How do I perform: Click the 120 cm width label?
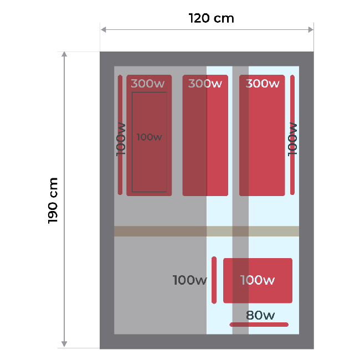[x=212, y=18]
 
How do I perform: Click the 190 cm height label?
[x=54, y=200]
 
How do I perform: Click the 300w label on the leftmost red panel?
[x=148, y=84]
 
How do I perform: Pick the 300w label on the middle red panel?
[x=205, y=84]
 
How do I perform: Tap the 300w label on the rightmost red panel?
[x=262, y=84]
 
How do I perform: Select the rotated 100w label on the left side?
[x=121, y=139]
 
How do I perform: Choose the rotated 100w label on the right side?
[x=293, y=139]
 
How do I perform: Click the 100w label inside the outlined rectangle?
[x=149, y=137]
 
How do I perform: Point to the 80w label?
[x=260, y=316]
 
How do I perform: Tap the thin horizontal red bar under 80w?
[x=259, y=324]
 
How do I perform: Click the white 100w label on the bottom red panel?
[x=258, y=280]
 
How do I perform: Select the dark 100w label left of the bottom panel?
[x=189, y=280]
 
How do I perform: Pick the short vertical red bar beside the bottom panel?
[x=214, y=280]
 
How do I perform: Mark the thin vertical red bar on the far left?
[x=120, y=135]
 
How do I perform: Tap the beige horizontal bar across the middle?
[x=207, y=231]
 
